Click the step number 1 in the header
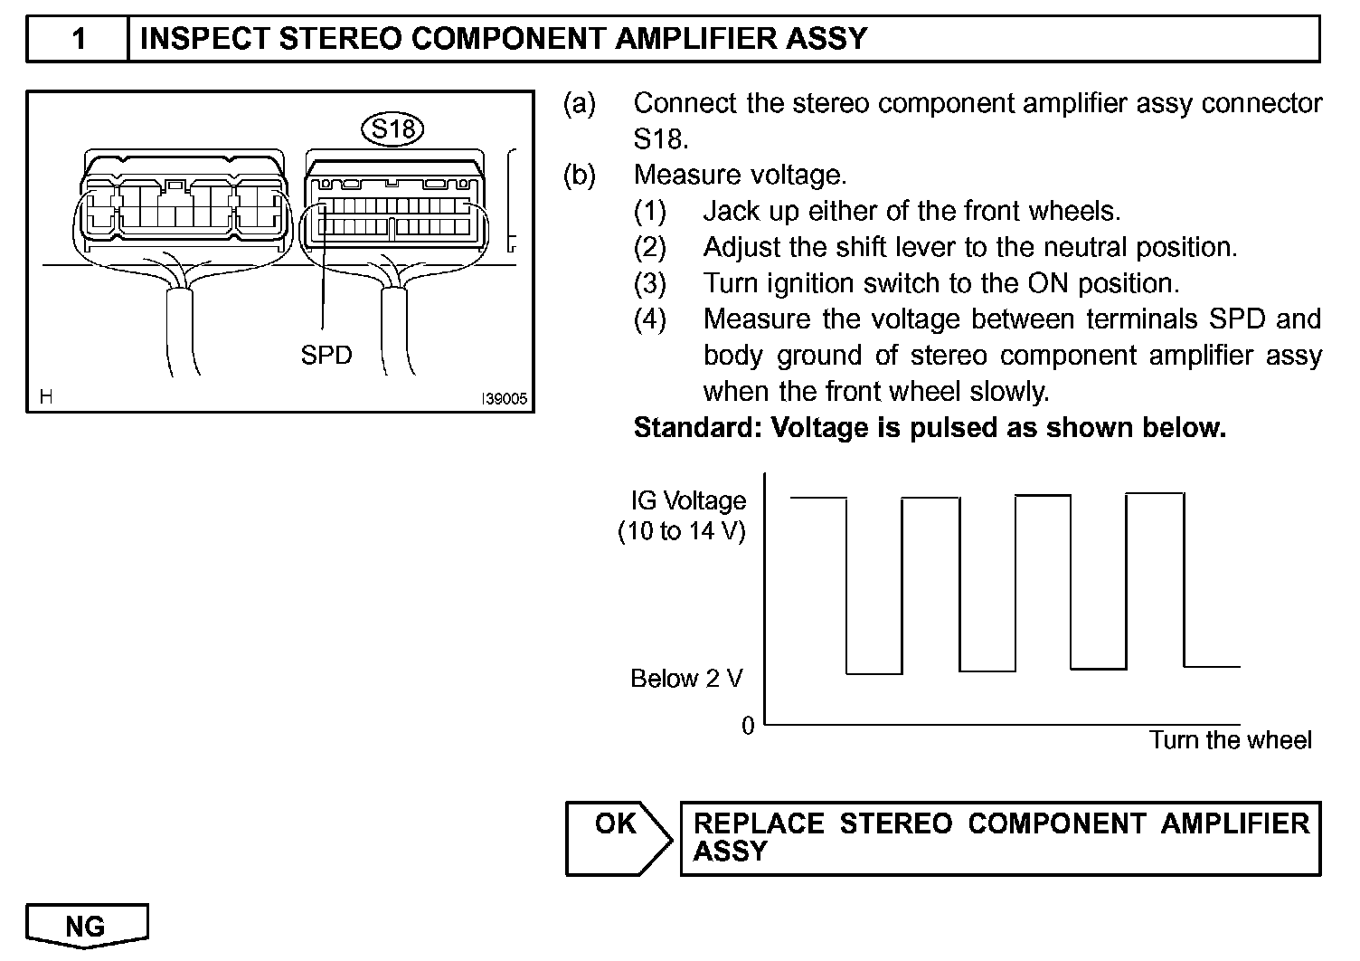point(79,39)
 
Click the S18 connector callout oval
point(392,129)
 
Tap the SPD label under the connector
point(326,356)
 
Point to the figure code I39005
point(504,399)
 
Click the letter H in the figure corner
point(45,396)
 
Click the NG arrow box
point(86,926)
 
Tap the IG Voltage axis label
point(689,500)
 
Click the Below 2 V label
point(686,679)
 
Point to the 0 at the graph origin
point(748,726)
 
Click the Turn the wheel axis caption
point(1230,740)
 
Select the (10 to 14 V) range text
point(682,531)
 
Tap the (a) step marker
point(580,103)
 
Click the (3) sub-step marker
point(649,283)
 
